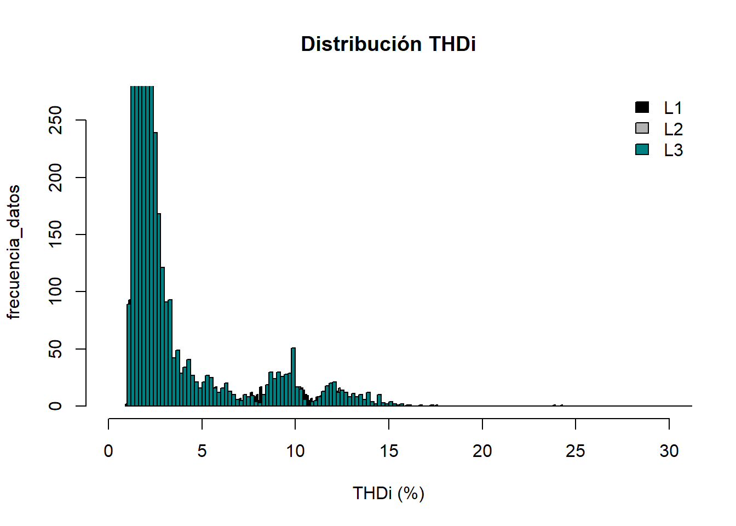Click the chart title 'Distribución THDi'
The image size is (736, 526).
[x=388, y=44]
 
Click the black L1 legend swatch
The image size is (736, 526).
[x=642, y=107]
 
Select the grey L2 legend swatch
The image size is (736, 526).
[x=642, y=128]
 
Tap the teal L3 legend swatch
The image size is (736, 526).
[x=642, y=149]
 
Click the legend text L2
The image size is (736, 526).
[x=673, y=129]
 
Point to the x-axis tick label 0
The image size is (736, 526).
[x=108, y=451]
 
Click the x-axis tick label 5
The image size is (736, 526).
[x=202, y=451]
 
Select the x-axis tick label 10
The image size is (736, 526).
[x=295, y=451]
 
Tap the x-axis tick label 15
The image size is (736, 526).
[x=389, y=451]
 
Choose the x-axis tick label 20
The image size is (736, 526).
[x=482, y=451]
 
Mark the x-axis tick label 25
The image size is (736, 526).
[x=576, y=451]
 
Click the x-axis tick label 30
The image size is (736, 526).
[x=669, y=451]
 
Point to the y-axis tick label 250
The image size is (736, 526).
[x=56, y=120]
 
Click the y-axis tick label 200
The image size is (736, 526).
[x=56, y=178]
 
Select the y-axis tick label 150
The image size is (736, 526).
[x=56, y=235]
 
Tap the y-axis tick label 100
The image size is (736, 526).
[x=56, y=291]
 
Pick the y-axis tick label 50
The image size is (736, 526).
[x=56, y=349]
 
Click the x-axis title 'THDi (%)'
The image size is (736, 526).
[x=388, y=493]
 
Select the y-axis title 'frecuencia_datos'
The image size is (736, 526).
[x=14, y=252]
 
